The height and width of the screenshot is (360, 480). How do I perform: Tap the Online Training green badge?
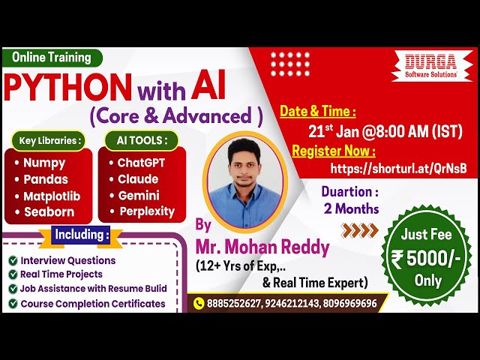point(52,57)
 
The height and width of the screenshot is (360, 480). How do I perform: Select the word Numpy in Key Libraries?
point(44,163)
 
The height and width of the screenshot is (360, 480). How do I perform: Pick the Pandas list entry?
point(46,179)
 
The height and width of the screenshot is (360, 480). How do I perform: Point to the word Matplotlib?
point(52,196)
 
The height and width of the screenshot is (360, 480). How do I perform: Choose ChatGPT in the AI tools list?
point(141,163)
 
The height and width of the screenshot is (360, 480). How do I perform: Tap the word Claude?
point(138,179)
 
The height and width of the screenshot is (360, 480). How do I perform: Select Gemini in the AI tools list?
point(138,196)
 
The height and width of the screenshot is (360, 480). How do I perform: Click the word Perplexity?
point(146,211)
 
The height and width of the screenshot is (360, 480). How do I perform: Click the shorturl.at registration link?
point(398,169)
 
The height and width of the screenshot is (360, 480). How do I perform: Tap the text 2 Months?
point(351,208)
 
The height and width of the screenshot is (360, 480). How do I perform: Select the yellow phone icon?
point(199,303)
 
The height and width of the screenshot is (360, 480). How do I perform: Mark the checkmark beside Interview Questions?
point(13,260)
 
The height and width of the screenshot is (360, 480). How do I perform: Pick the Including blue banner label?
point(81,235)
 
